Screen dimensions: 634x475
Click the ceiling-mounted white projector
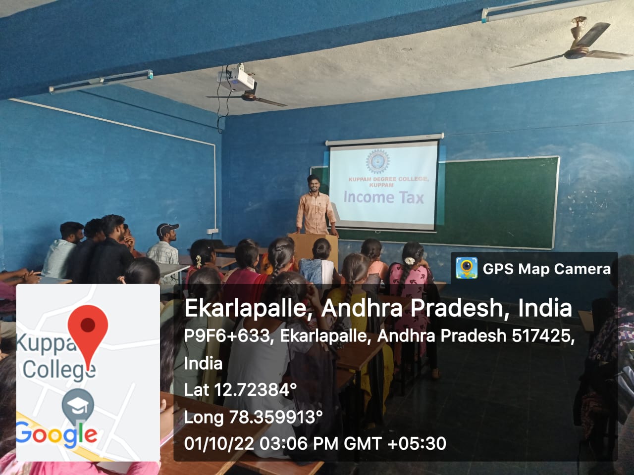coord(236,80)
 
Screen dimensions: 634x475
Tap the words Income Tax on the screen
coord(383,198)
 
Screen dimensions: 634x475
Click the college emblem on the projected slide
coord(377,161)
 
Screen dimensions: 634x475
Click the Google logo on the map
coord(56,434)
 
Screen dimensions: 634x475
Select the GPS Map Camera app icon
coord(467,269)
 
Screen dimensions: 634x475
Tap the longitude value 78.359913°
coord(276,417)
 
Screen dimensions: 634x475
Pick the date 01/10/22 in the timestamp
coord(219,443)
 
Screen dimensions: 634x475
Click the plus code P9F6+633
coord(227,335)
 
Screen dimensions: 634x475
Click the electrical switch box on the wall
coord(212,231)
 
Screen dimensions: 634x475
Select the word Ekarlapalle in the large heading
coord(245,308)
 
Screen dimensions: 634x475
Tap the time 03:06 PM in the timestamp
coord(299,443)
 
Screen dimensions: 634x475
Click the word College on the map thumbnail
coord(59,370)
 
